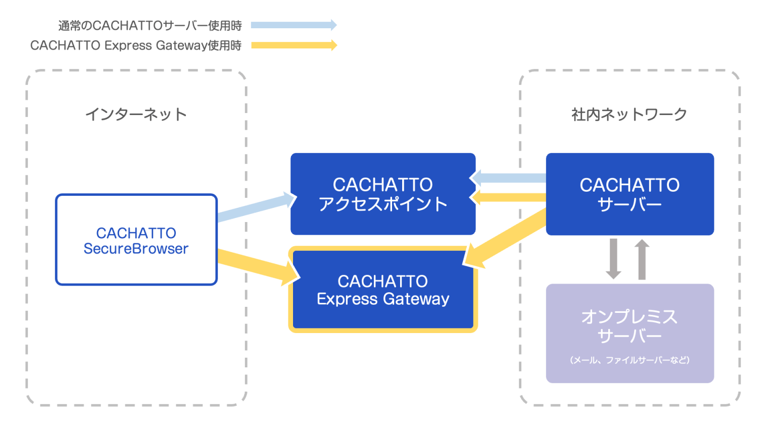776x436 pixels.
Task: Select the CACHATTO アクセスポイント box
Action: click(382, 194)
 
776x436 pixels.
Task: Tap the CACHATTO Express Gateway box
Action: click(382, 290)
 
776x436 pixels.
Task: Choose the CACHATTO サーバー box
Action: click(629, 194)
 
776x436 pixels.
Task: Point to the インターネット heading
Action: click(136, 115)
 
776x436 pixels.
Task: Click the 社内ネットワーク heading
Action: click(629, 115)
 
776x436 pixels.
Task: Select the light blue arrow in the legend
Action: click(294, 25)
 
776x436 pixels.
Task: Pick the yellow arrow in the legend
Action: click(294, 45)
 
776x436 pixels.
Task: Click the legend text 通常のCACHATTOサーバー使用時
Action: click(150, 25)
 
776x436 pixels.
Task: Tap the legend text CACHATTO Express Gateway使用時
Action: click(136, 45)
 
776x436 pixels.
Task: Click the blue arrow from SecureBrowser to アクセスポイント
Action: click(255, 208)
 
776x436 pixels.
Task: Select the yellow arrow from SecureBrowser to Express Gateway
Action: click(255, 265)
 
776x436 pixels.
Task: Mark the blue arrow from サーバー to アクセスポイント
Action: click(510, 178)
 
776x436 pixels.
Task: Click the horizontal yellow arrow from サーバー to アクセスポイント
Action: click(510, 197)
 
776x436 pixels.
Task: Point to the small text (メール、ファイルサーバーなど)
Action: click(629, 360)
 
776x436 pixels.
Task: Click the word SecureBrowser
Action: click(136, 249)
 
